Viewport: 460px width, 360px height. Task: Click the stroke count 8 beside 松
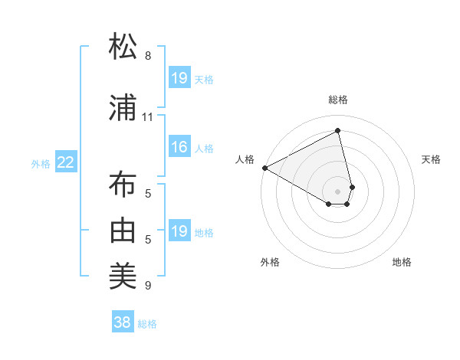pos(148,56)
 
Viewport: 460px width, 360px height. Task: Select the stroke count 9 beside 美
pos(148,286)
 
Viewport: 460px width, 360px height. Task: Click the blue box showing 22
pos(65,162)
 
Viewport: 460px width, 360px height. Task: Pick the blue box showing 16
pos(179,148)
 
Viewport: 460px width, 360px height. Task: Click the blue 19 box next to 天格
pos(179,78)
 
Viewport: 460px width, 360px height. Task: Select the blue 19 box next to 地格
pos(179,231)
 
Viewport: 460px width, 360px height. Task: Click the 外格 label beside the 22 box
pos(41,163)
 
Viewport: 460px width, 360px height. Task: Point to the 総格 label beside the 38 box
pos(147,324)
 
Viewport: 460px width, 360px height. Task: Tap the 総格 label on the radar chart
pos(338,100)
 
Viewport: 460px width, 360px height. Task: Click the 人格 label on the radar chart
pos(245,159)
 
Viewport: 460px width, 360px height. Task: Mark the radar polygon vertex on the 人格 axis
pos(264,167)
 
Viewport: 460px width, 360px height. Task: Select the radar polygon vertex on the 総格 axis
pos(338,130)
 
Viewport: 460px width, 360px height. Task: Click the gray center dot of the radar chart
pos(338,191)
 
